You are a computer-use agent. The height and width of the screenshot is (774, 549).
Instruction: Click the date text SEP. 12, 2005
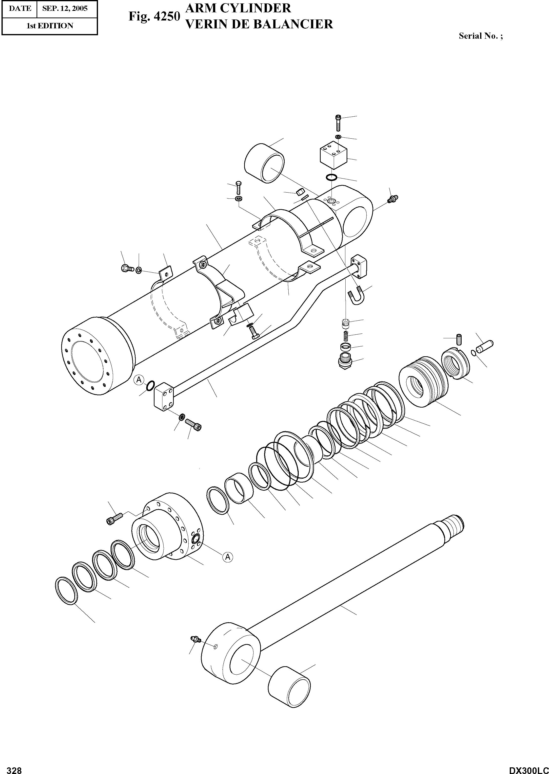65,8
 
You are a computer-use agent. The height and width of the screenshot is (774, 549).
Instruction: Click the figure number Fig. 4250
154,17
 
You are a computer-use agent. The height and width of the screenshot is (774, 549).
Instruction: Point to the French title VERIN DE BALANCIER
259,24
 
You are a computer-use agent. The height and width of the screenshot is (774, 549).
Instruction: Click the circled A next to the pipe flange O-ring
138,380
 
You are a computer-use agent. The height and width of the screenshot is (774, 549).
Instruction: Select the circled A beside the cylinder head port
228,557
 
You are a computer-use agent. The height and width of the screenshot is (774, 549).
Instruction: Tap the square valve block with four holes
334,155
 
